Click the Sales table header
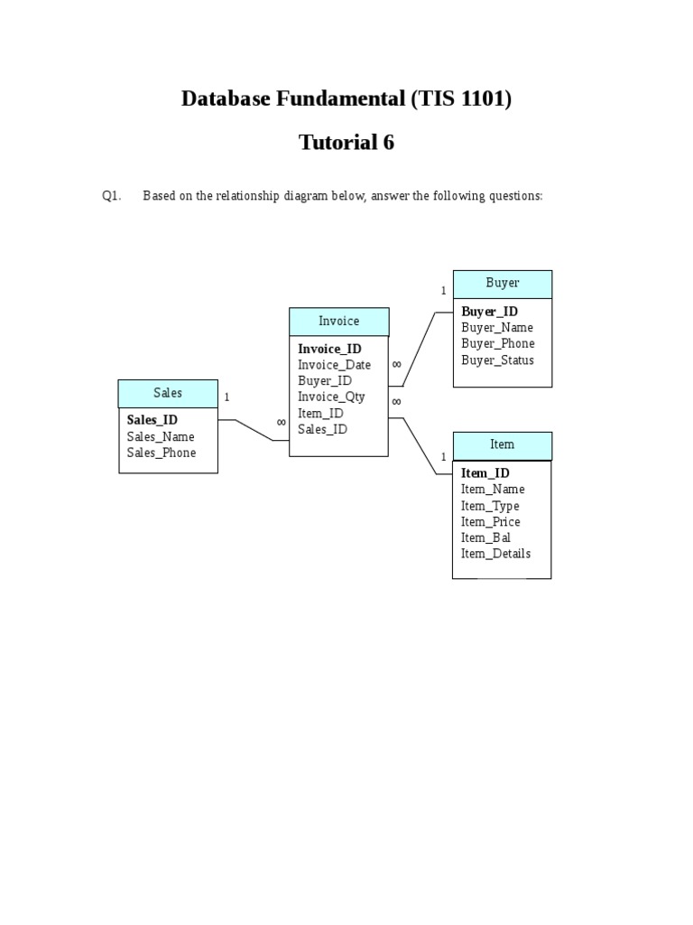click(x=168, y=393)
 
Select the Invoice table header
click(x=338, y=321)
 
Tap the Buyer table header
click(x=502, y=283)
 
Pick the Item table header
click(x=502, y=444)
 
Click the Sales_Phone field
click(x=161, y=453)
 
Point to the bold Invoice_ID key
click(x=329, y=349)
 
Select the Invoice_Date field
click(x=334, y=365)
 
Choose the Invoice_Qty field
click(x=331, y=397)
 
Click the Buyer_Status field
click(x=497, y=360)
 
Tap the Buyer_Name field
click(x=496, y=328)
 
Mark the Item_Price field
click(x=490, y=522)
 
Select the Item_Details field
click(x=495, y=554)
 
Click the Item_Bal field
click(x=485, y=537)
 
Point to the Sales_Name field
click(x=161, y=436)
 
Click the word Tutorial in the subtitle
click(x=328, y=143)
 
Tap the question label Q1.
click(x=111, y=196)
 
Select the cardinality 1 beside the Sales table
click(x=226, y=397)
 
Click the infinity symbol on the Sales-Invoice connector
click(x=281, y=422)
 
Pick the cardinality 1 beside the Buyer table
click(x=443, y=291)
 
